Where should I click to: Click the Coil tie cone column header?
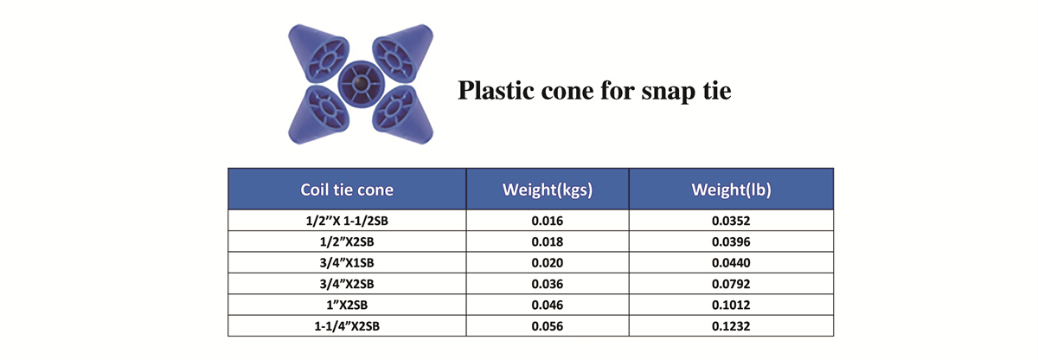coord(347,190)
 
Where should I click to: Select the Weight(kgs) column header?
coord(548,190)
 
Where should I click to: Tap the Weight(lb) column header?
coord(731,190)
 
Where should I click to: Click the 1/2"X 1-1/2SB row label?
coord(347,221)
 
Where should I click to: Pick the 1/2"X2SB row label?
coord(347,241)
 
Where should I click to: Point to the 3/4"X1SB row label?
coord(347,263)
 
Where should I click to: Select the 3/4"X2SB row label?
coord(347,284)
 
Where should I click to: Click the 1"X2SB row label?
coord(347,305)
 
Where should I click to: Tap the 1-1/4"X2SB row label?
coord(347,326)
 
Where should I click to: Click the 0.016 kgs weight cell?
coord(548,221)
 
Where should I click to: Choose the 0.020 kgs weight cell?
coord(548,263)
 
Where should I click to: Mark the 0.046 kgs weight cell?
coord(548,305)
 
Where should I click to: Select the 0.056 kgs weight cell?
coord(548,326)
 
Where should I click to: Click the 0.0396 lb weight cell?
coord(731,241)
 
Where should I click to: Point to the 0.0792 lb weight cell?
coord(731,284)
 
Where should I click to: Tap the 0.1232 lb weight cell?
coord(731,326)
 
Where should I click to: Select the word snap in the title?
coord(669,93)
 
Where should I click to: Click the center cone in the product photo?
coord(361,84)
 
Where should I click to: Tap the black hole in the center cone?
coord(361,83)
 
